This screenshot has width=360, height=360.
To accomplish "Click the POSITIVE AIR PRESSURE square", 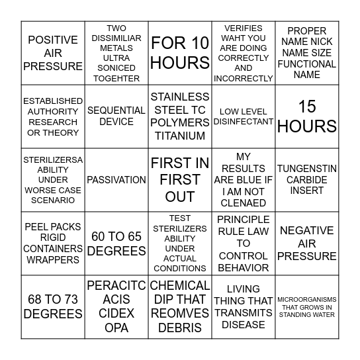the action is [x=53, y=53].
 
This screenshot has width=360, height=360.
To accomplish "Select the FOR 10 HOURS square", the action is [x=180, y=53].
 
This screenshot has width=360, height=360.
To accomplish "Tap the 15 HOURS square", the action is [x=307, y=116].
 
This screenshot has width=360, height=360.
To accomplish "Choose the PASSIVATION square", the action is [x=116, y=179].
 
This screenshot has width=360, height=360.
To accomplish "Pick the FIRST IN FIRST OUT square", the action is [x=180, y=179].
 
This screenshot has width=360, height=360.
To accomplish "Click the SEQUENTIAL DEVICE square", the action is [x=116, y=116].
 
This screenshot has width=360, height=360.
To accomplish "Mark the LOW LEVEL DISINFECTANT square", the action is [x=244, y=116].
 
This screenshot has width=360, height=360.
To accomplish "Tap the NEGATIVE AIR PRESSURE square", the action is [x=307, y=243].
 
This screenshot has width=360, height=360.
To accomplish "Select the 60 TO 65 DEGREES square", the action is [x=116, y=243].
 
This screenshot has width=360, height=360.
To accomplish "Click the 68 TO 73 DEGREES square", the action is [x=53, y=306].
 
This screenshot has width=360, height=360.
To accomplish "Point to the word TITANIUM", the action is [x=180, y=136].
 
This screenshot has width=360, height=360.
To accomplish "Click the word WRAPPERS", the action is [x=53, y=260].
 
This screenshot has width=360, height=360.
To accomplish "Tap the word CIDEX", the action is [x=116, y=314].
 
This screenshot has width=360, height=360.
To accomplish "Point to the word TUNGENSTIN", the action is [x=307, y=169].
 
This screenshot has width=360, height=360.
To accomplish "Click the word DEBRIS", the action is [x=180, y=328].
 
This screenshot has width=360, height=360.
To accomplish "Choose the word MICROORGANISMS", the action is [x=307, y=299].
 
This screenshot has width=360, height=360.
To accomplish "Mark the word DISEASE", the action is [x=244, y=325].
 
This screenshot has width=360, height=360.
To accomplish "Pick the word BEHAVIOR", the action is [x=244, y=267].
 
